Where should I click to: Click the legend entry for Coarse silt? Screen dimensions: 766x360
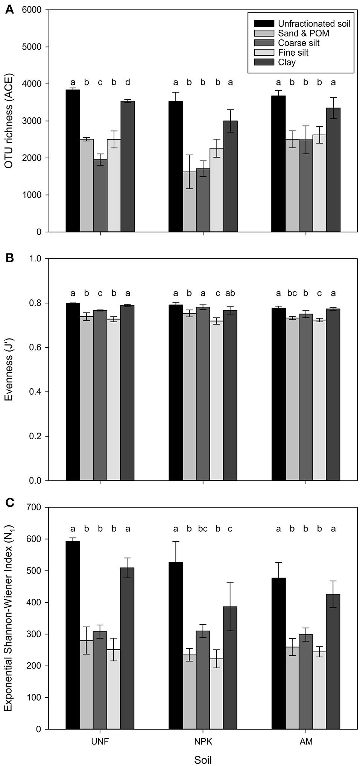[298, 43]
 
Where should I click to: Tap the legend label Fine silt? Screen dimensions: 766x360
[293, 53]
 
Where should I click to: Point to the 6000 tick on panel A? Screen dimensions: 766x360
[33, 10]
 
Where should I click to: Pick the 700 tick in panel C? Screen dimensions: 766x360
[35, 507]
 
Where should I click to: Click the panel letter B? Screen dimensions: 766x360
[10, 258]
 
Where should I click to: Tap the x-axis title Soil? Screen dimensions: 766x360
[203, 759]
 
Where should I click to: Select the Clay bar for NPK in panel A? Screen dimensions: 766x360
[230, 176]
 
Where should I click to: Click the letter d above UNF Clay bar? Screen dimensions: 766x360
[128, 82]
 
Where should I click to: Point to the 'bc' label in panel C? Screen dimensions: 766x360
[203, 529]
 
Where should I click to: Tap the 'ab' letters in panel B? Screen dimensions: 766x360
[230, 293]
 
